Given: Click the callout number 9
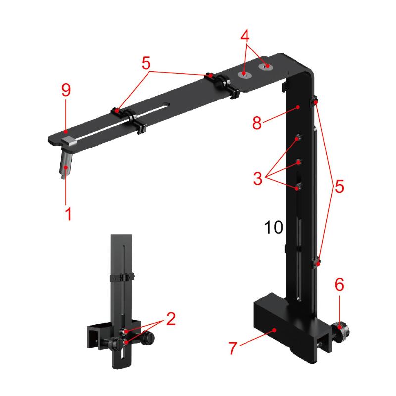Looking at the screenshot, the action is pos(66,90).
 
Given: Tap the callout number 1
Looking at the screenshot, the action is pos(68,214).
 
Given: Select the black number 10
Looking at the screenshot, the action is pos(274,227).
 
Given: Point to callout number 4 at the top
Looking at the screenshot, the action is pos(245,36).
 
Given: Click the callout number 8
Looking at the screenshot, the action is pos(257,123).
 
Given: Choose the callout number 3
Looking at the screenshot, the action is pos(258,178).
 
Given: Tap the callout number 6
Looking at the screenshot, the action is pos(339,284).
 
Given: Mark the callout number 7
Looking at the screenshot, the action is pos(233,348).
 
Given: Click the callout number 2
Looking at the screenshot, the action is pos(171,319).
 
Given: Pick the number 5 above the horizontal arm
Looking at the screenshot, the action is pos(146,63).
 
